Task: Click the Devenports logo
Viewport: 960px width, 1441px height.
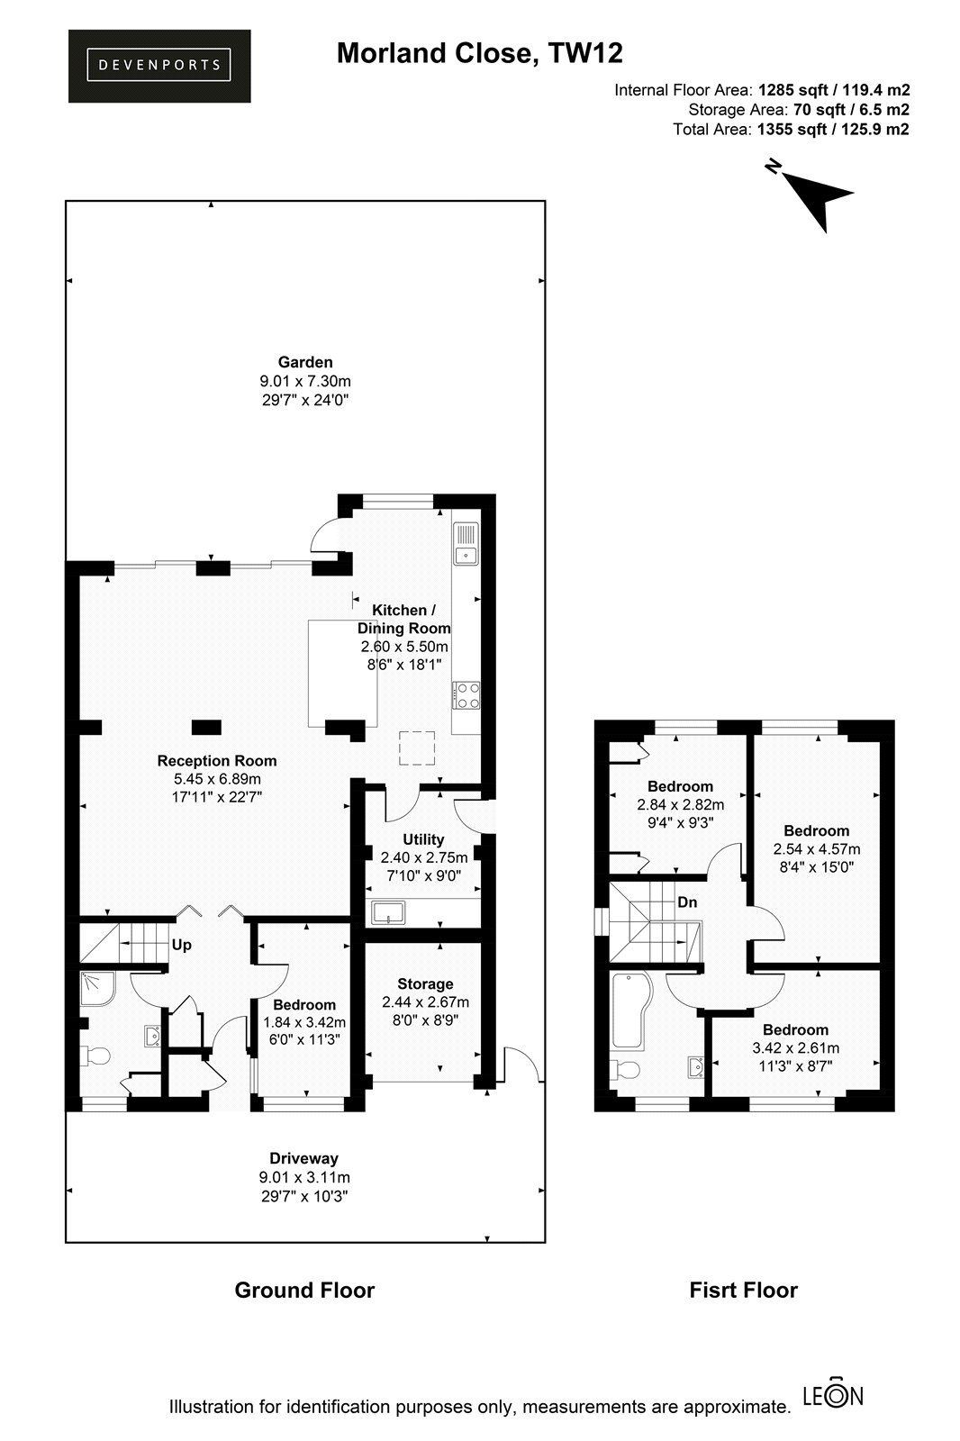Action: pyautogui.click(x=158, y=66)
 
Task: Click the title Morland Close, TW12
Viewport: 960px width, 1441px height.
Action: pyautogui.click(x=479, y=53)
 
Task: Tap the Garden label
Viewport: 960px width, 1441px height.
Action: pyautogui.click(x=305, y=362)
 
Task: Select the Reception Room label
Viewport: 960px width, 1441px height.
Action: pyautogui.click(x=217, y=760)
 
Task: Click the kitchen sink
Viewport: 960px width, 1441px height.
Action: pyautogui.click(x=466, y=543)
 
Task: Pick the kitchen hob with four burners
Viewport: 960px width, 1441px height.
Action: pyautogui.click(x=466, y=695)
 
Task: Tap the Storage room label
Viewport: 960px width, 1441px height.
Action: pyautogui.click(x=425, y=983)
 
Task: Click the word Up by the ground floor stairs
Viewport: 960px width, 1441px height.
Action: pyautogui.click(x=181, y=945)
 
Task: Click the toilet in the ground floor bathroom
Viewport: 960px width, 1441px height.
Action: pyautogui.click(x=94, y=1055)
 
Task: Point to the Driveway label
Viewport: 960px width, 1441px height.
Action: pyautogui.click(x=303, y=1158)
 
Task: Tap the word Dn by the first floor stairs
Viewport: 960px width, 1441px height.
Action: pyautogui.click(x=687, y=902)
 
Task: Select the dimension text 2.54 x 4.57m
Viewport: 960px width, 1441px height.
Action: pyautogui.click(x=817, y=848)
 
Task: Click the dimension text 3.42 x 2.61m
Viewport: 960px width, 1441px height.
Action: pyautogui.click(x=796, y=1048)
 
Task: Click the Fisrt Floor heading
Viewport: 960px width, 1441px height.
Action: pyautogui.click(x=743, y=1290)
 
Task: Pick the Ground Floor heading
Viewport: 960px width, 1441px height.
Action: pyautogui.click(x=304, y=1290)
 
